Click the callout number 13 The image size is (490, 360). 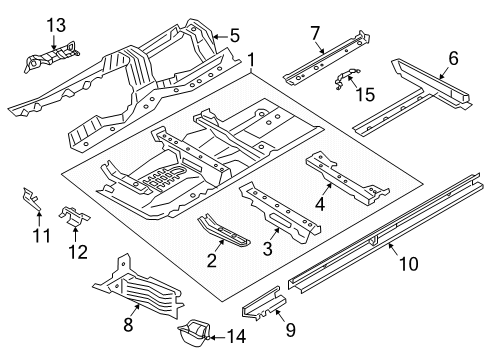tap(56, 26)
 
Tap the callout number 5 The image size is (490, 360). tap(235, 36)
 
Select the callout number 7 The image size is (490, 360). tap(315, 33)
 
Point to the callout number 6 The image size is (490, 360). tap(453, 58)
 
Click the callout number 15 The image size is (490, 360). tap(365, 94)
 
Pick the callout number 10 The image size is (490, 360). tap(408, 264)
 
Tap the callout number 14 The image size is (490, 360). tap(236, 336)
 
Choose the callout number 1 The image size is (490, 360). tap(251, 60)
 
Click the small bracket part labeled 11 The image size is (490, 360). tap(31, 199)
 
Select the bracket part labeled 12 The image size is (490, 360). tap(75, 217)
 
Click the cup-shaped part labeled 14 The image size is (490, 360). tap(194, 333)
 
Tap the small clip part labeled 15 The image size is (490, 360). tap(347, 78)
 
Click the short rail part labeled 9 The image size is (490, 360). tap(263, 304)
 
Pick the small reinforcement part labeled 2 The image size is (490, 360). tap(223, 231)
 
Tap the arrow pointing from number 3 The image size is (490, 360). tap(275, 233)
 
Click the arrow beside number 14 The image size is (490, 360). tap(215, 337)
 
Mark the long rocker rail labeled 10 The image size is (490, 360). tap(383, 233)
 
